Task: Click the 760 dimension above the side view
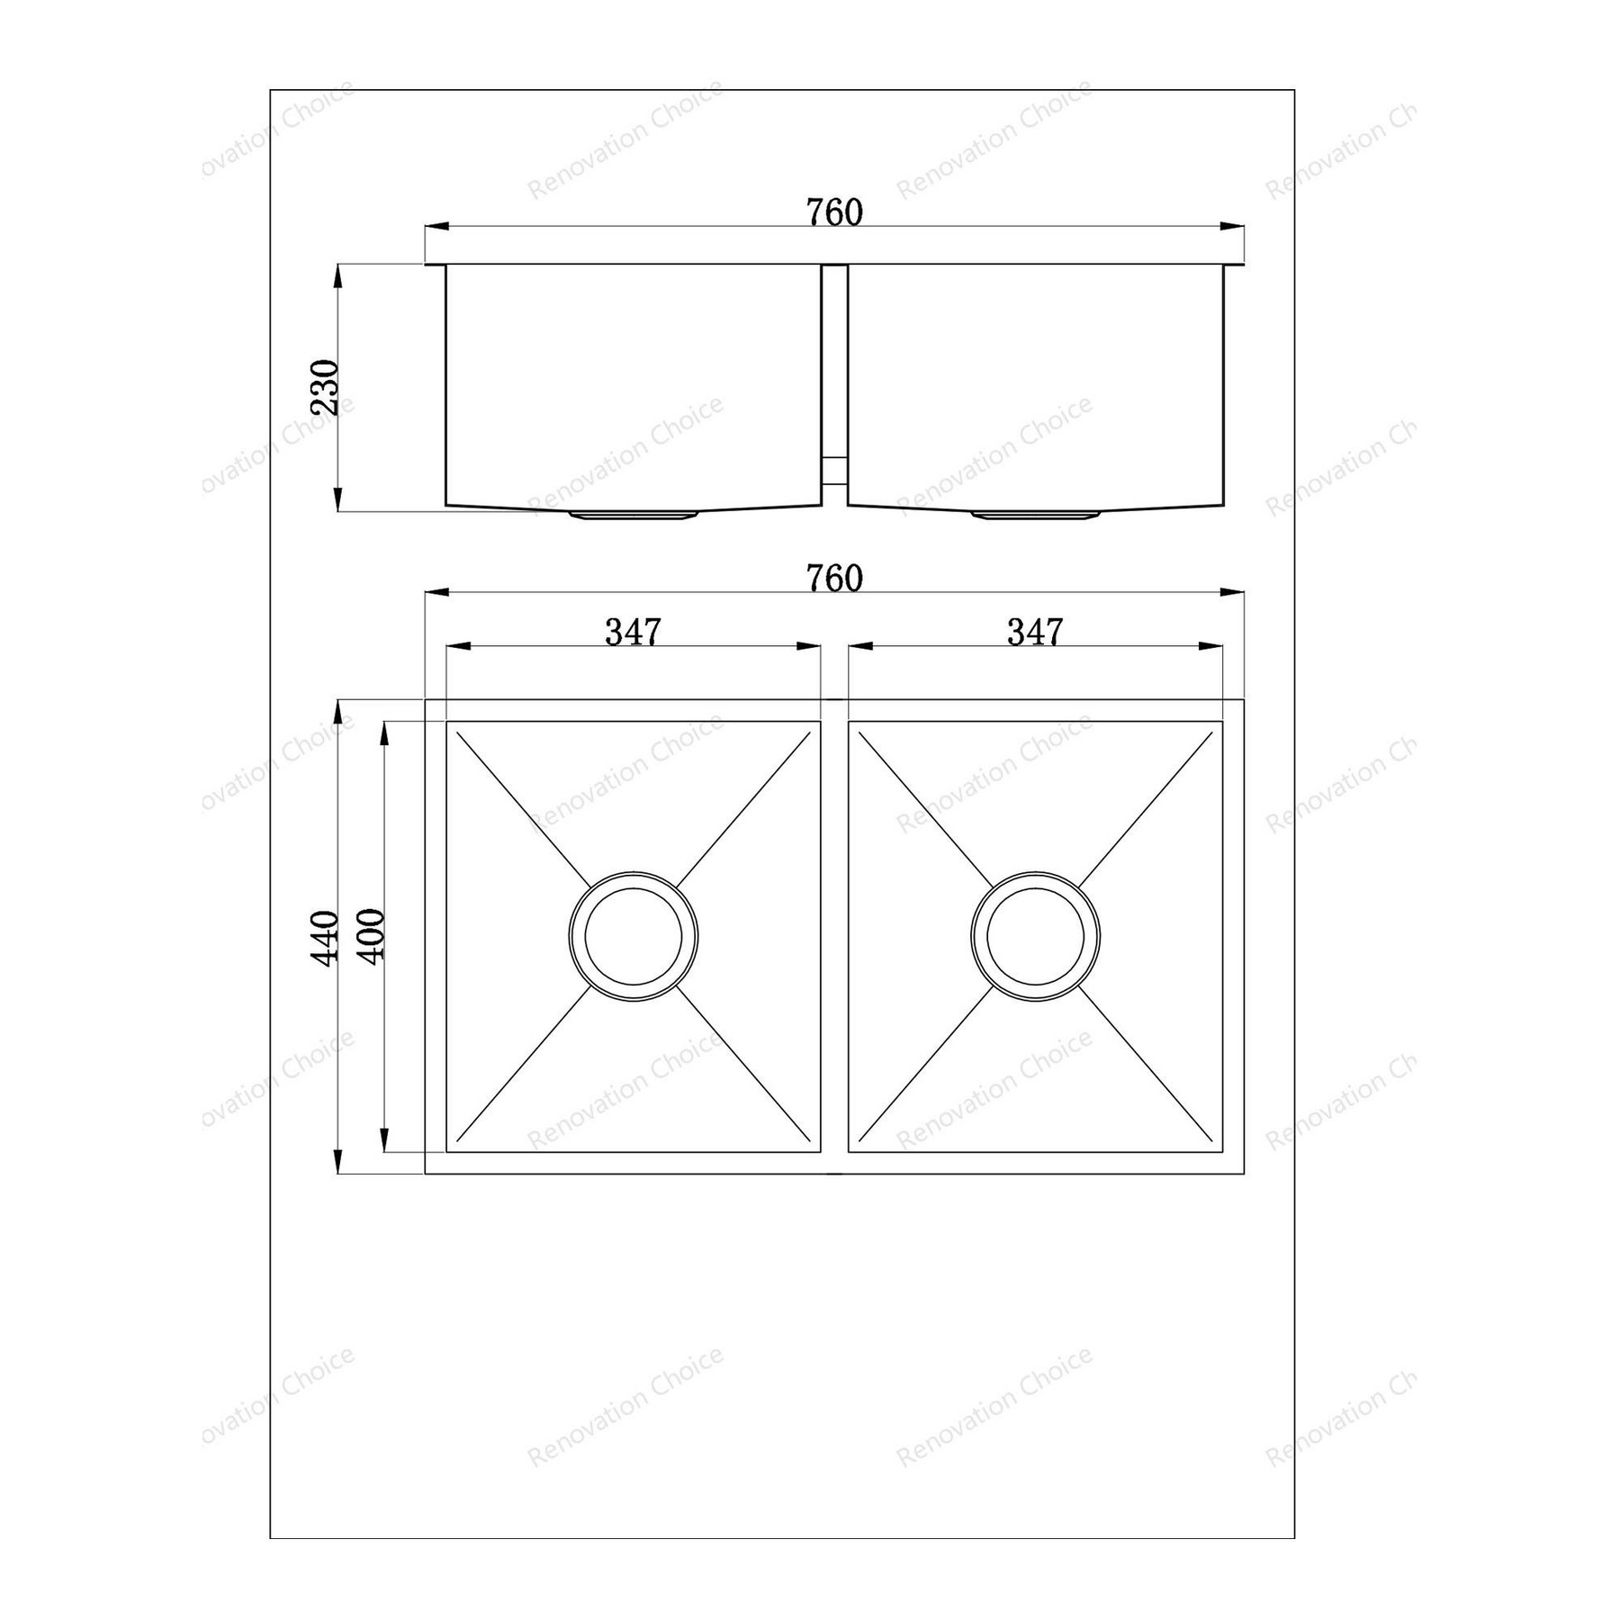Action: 834,212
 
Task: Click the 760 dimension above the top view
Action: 834,579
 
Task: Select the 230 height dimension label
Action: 324,387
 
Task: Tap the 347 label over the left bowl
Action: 633,632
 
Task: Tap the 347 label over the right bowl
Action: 1035,632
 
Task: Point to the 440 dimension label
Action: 324,937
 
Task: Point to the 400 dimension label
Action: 371,935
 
